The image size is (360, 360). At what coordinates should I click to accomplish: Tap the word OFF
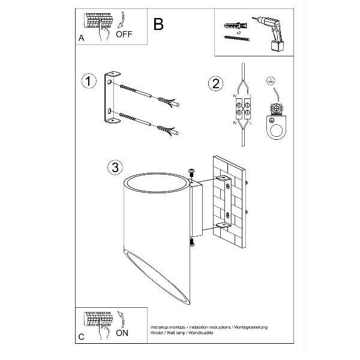coord(124,34)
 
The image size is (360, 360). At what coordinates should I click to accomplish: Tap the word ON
coord(122,331)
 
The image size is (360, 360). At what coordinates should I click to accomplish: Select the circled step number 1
coord(89,81)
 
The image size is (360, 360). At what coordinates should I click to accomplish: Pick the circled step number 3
coord(113,168)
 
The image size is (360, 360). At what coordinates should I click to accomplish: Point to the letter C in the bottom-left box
coord(81,337)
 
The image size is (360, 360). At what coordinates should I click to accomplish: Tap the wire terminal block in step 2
coord(242,106)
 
